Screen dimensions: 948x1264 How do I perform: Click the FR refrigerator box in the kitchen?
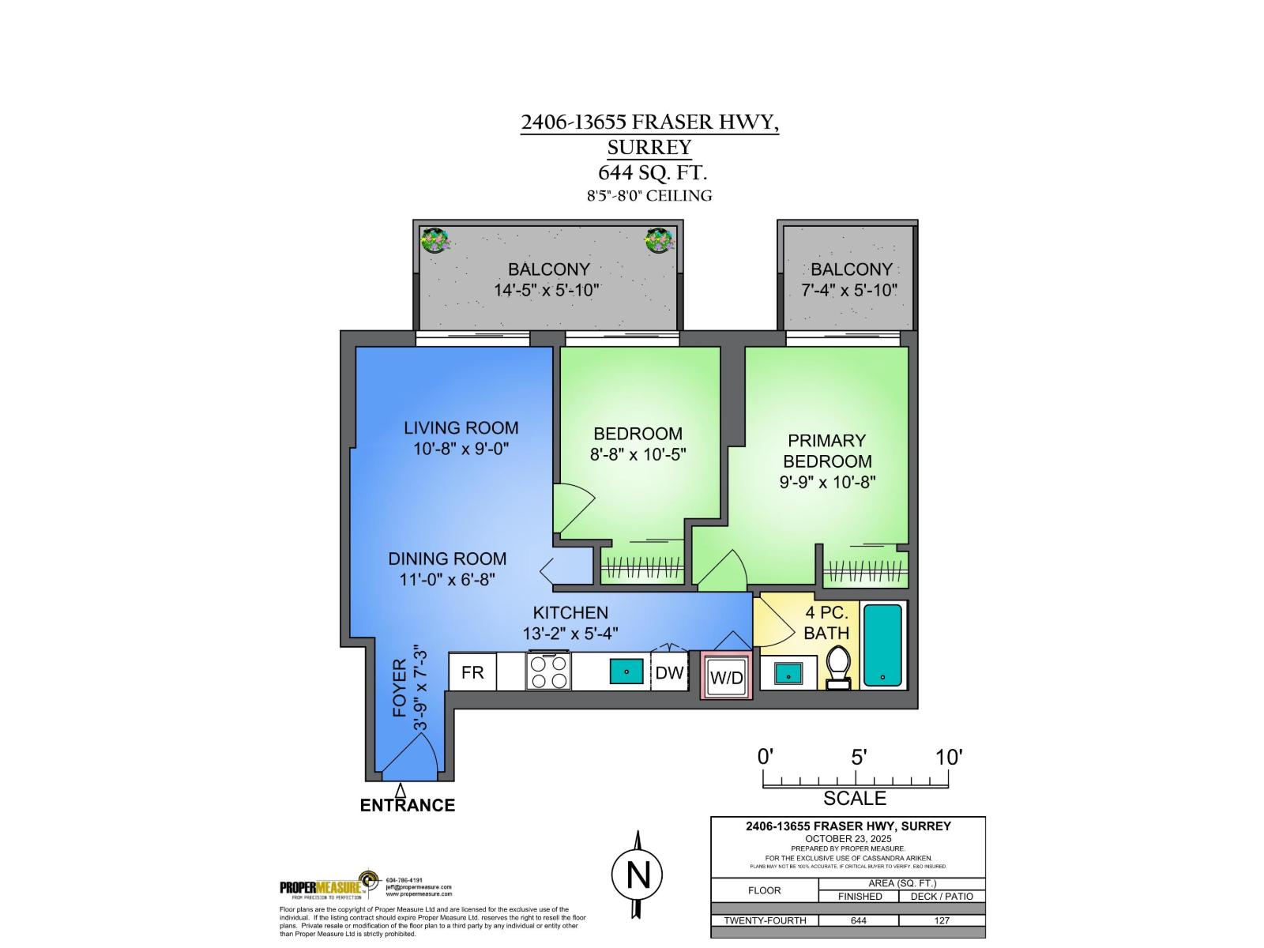(x=472, y=672)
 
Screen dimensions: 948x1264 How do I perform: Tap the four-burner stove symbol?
(x=548, y=672)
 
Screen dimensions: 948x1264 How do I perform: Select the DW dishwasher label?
(x=669, y=673)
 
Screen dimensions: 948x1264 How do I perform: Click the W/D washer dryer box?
(x=726, y=677)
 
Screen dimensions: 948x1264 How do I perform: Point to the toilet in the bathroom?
(x=837, y=668)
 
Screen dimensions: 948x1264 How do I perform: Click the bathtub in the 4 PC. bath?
(x=882, y=645)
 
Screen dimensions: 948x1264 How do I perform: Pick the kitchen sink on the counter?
(x=626, y=671)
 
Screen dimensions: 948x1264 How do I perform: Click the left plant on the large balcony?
(x=434, y=239)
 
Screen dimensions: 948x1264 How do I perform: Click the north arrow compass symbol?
(x=637, y=874)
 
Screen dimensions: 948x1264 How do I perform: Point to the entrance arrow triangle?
(x=401, y=790)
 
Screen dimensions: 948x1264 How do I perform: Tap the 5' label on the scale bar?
(x=859, y=757)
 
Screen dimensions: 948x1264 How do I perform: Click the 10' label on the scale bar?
(x=948, y=757)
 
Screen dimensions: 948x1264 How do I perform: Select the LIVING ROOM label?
(x=461, y=428)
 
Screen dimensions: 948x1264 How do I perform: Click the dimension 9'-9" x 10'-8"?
(x=827, y=482)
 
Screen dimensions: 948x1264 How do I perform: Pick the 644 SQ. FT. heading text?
(x=652, y=172)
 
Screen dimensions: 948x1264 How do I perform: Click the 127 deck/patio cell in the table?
(x=942, y=920)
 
